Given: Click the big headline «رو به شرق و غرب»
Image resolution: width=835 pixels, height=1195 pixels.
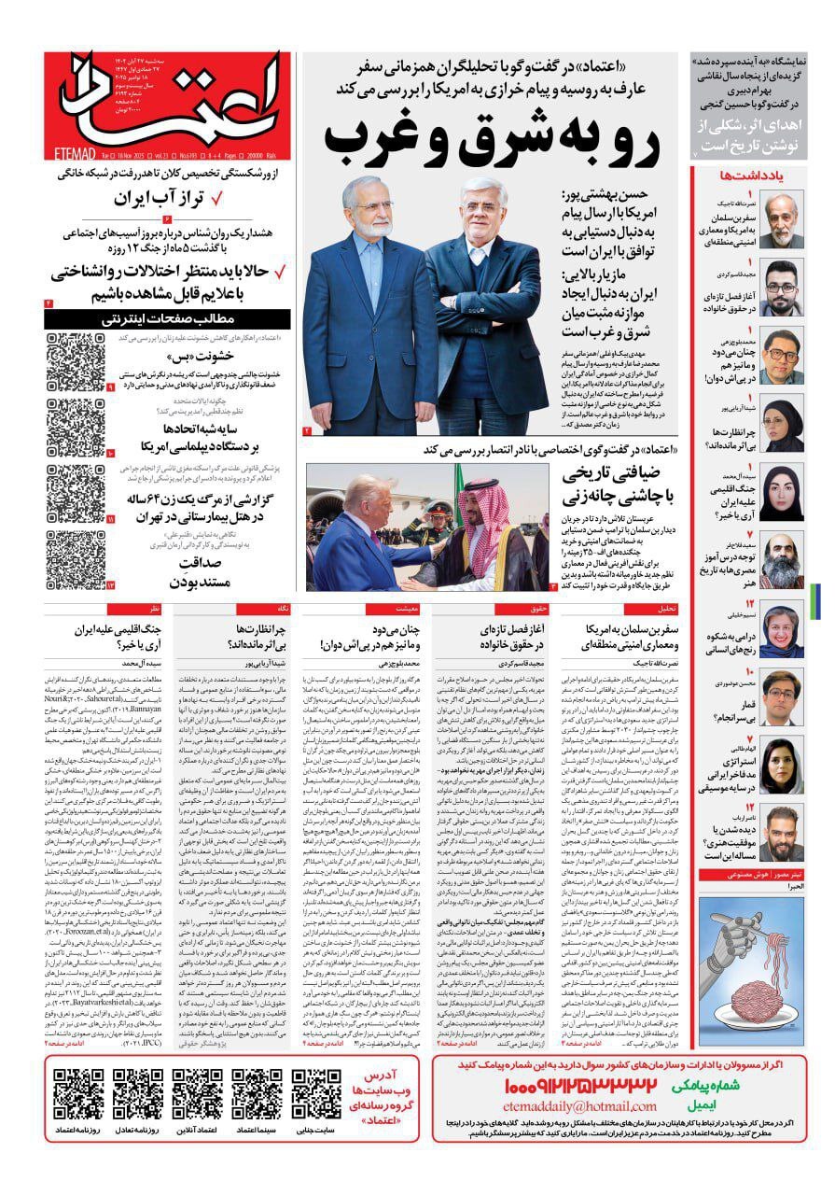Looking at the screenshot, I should [x=493, y=136].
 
